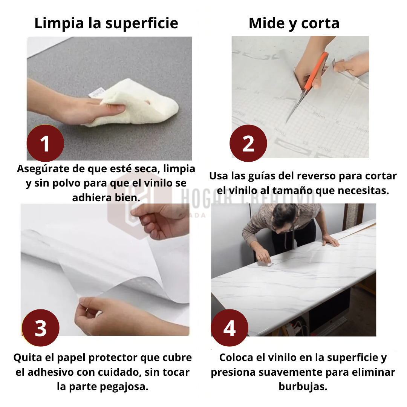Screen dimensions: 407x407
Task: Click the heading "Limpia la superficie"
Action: (106, 24)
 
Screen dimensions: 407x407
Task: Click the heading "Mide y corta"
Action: (294, 24)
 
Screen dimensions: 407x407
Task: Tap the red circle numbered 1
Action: (46, 143)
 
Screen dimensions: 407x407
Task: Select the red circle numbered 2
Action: (248, 143)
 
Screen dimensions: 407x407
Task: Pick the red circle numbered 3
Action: (41, 328)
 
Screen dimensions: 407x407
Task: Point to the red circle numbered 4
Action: (230, 328)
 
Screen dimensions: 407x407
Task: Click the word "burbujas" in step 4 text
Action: (303, 387)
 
